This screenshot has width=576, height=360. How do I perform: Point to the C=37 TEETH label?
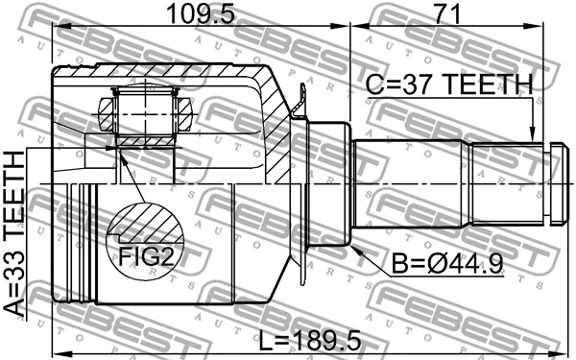click(450, 85)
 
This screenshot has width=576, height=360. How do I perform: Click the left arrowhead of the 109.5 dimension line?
click(56, 29)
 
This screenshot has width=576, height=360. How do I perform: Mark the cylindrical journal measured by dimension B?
click(331, 182)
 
